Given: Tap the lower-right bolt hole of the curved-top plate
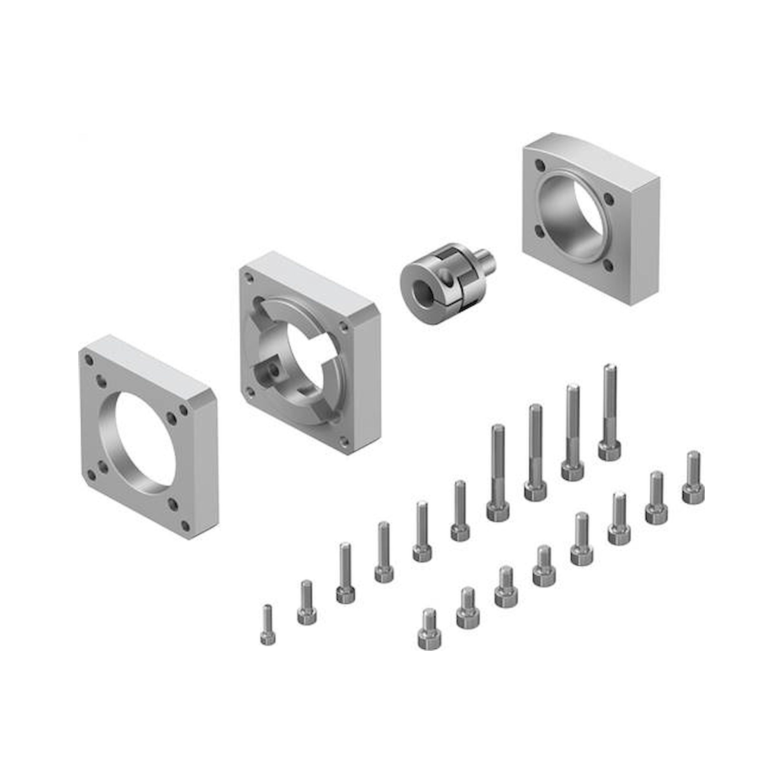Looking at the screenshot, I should [608, 265].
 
